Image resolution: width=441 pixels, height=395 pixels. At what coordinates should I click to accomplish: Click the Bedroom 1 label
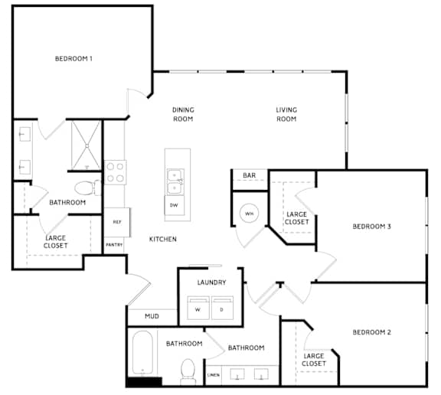click(x=73, y=59)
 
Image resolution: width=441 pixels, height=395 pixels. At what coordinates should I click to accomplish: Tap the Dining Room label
click(x=183, y=114)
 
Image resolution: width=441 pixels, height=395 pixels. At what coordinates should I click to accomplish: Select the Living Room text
click(x=286, y=114)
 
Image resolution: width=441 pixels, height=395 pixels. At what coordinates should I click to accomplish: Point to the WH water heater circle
click(x=249, y=214)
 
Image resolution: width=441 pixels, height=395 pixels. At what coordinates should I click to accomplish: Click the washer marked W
click(x=198, y=308)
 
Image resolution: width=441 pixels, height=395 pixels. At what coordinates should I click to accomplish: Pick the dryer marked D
click(x=222, y=308)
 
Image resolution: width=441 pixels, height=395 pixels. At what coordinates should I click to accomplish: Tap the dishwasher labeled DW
click(x=175, y=205)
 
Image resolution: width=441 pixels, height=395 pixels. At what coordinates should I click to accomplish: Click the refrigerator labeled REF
click(x=117, y=222)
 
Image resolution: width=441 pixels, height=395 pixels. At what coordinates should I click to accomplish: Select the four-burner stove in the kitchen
click(x=116, y=172)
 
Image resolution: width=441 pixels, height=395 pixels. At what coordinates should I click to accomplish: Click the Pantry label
click(x=114, y=245)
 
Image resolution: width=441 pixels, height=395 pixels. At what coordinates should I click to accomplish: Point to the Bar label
click(x=250, y=175)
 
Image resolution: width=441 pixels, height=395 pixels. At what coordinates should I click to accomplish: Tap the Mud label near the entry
click(x=152, y=316)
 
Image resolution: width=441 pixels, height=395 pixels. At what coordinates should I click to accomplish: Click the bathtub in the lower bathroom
click(x=142, y=353)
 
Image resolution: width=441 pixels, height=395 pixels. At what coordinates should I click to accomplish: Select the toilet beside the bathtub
click(x=188, y=371)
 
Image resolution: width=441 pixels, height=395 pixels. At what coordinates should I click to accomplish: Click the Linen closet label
click(x=214, y=375)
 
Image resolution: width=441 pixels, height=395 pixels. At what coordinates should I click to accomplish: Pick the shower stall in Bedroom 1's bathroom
click(x=87, y=145)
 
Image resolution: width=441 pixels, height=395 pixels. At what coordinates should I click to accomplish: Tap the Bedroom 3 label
click(x=372, y=227)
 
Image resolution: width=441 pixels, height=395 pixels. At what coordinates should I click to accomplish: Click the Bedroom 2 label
click(x=372, y=332)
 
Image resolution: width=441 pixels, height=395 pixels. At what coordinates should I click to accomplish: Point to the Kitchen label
click(x=163, y=240)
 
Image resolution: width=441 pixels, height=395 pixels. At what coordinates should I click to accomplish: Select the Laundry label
click(x=212, y=282)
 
